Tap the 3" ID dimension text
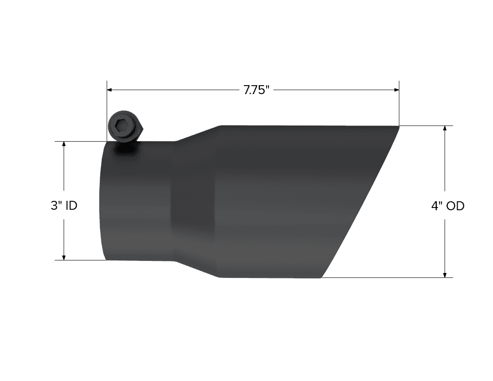tap(64, 206)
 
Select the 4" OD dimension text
tap(448, 206)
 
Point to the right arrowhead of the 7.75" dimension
tap(396, 90)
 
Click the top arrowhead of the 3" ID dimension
tap(64, 144)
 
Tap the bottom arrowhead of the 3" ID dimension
tap(64, 257)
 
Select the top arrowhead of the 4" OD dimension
tap(445, 129)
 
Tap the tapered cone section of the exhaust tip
tap(195, 202)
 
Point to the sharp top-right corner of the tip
tap(398, 126)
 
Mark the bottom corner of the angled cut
tap(322, 277)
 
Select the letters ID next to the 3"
tap(71, 206)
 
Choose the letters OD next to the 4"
tap(456, 206)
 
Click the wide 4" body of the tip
tap(278, 202)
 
